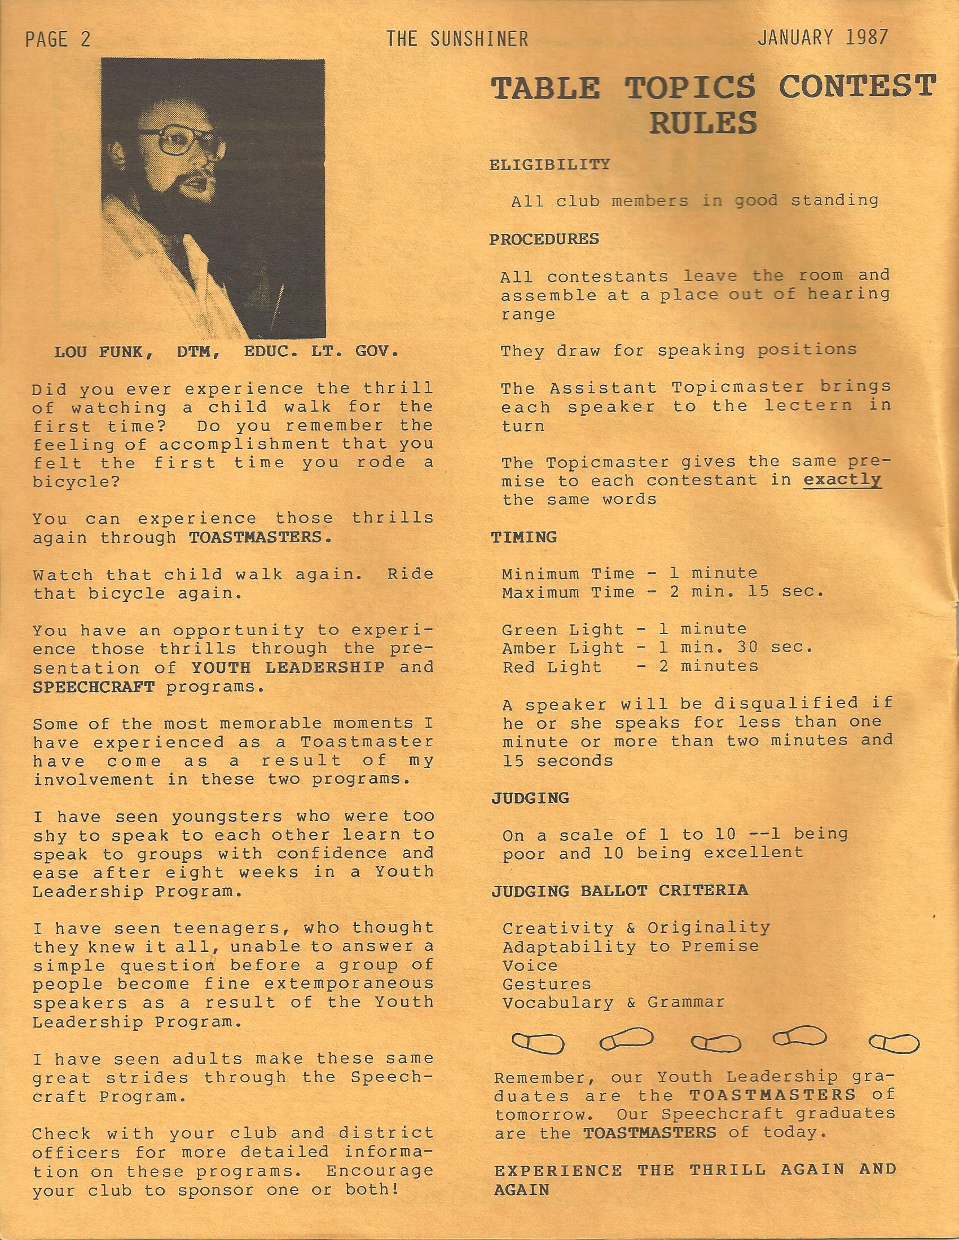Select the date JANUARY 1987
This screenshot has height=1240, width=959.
coord(822,37)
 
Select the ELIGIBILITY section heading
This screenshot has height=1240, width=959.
coord(549,165)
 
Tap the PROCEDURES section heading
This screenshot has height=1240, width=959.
coord(544,239)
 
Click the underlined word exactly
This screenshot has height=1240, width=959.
coord(842,480)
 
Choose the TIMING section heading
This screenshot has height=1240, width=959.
coord(524,537)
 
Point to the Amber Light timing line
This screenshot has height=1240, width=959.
coord(658,647)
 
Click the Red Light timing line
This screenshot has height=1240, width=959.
coord(630,666)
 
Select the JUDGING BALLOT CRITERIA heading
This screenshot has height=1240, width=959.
coord(619,889)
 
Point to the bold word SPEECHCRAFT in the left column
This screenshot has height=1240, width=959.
coord(94,687)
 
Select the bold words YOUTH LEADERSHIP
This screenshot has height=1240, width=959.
coord(289,667)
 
